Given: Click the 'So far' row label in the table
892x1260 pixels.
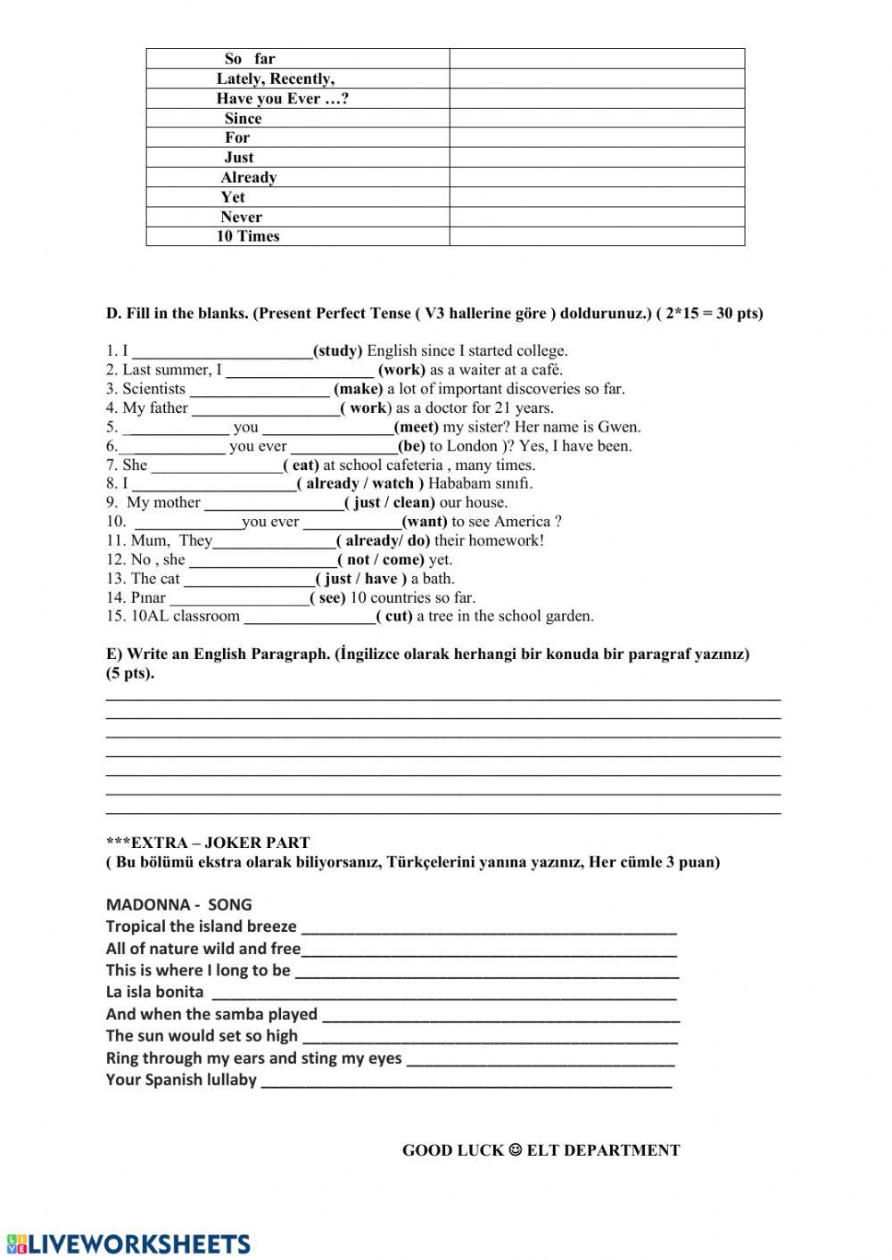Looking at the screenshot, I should tap(250, 59).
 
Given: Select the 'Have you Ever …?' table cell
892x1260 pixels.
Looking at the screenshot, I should tap(282, 98).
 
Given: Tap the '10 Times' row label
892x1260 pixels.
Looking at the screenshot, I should tap(248, 236).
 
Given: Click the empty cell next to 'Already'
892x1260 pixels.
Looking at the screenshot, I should tap(596, 177).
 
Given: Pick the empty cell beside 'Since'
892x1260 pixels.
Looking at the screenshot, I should tap(596, 118).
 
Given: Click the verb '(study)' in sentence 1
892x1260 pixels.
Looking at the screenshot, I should tap(337, 350).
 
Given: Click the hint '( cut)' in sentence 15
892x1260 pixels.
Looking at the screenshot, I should tap(393, 616).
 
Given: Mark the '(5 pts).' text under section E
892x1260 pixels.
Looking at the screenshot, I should tap(130, 673).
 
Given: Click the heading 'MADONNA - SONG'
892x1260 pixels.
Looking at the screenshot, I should tap(178, 904).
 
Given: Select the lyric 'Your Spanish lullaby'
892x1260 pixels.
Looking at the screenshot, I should tap(181, 1080).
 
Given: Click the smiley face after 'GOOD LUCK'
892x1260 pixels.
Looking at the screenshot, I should tap(515, 1150).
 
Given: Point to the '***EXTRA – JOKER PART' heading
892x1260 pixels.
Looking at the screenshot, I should tap(208, 843).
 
